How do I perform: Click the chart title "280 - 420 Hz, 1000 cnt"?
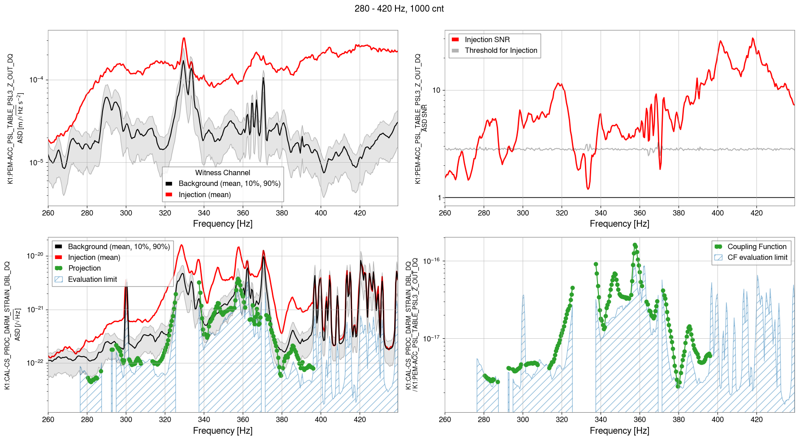click(399, 9)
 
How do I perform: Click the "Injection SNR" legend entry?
click(487, 39)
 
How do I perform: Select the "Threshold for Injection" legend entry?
click(501, 50)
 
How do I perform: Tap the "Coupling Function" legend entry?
click(756, 246)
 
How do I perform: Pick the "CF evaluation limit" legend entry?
click(757, 257)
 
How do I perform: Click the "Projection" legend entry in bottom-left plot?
click(84, 268)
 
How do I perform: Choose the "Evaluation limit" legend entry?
click(92, 279)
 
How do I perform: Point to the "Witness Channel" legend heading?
click(223, 173)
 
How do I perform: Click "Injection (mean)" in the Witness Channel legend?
click(205, 194)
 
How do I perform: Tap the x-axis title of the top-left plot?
click(223, 224)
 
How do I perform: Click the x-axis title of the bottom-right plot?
click(619, 431)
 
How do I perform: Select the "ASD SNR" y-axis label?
click(424, 118)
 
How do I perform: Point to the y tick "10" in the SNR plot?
click(436, 90)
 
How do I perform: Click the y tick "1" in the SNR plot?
click(439, 198)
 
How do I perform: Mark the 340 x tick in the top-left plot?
click(204, 213)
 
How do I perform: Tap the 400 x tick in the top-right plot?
click(717, 213)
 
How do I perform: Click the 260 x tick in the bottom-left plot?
click(48, 419)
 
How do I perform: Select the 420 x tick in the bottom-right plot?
click(756, 419)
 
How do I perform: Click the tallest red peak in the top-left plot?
click(184, 39)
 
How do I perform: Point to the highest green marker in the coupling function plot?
click(635, 245)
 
